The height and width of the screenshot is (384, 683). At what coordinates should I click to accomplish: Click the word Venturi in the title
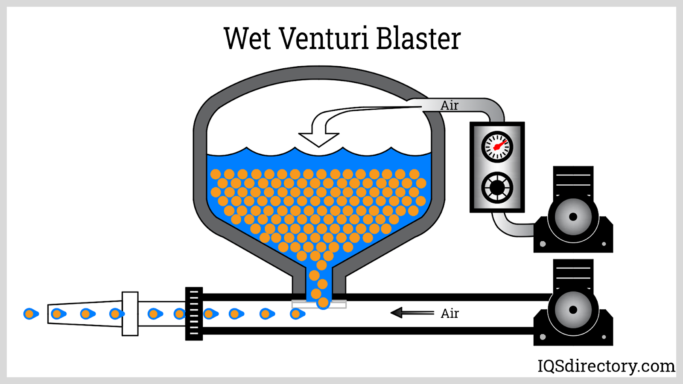pyautogui.click(x=325, y=38)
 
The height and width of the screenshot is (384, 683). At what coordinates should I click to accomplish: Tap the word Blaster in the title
pyautogui.click(x=418, y=38)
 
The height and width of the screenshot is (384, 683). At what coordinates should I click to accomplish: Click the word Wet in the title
pyautogui.click(x=247, y=38)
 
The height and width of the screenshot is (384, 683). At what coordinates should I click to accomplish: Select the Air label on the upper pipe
pyautogui.click(x=449, y=105)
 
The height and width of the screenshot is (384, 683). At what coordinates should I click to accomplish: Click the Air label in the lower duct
pyautogui.click(x=449, y=314)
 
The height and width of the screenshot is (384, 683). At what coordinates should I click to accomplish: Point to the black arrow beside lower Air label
pyautogui.click(x=412, y=313)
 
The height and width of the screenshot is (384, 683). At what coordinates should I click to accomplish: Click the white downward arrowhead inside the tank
pyautogui.click(x=318, y=139)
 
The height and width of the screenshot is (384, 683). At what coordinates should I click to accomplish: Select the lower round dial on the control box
pyautogui.click(x=497, y=187)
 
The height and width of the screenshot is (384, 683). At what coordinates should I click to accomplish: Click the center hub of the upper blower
pyautogui.click(x=573, y=217)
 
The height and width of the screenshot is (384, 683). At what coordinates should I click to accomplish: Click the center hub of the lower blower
pyautogui.click(x=573, y=310)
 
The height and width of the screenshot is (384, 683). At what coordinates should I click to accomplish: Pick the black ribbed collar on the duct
pyautogui.click(x=194, y=314)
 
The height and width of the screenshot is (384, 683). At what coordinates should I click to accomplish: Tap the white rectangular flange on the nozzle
pyautogui.click(x=130, y=314)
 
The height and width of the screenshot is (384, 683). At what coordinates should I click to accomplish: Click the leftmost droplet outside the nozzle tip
pyautogui.click(x=30, y=314)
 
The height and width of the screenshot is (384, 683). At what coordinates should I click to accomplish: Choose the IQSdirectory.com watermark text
pyautogui.click(x=606, y=366)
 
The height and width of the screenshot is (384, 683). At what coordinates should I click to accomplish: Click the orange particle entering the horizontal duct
pyautogui.click(x=323, y=303)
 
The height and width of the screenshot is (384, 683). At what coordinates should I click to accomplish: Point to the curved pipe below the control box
pyautogui.click(x=508, y=226)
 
